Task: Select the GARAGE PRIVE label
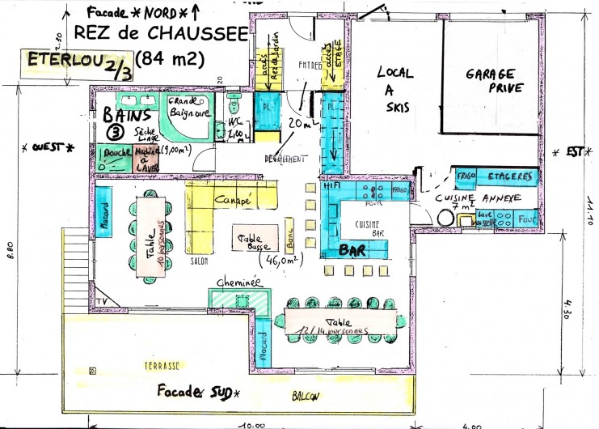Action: click(495, 80)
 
